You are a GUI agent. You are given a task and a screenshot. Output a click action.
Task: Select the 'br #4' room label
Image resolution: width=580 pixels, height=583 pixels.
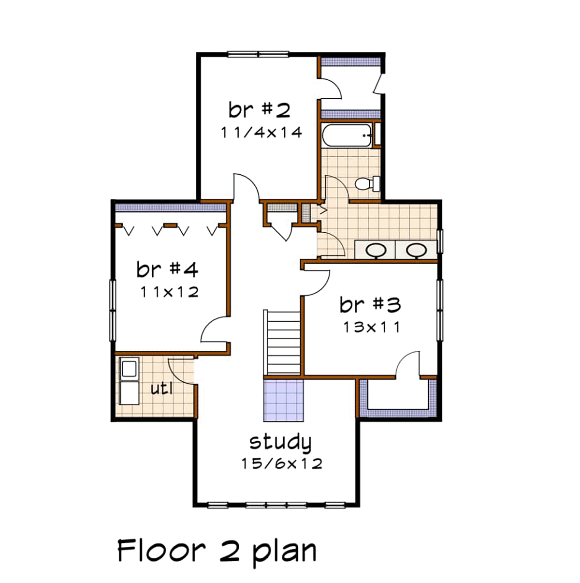167,269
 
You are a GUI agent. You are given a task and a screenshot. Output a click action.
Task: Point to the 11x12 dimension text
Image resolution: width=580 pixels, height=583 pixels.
170,292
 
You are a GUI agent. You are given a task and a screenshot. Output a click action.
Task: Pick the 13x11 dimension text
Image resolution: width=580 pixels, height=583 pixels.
372,327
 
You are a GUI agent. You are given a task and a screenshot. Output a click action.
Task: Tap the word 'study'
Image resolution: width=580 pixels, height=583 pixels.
280,442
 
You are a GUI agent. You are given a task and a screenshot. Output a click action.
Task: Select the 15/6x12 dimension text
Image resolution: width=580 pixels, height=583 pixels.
282,463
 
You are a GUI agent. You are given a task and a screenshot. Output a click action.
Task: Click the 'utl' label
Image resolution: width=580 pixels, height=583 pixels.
162,389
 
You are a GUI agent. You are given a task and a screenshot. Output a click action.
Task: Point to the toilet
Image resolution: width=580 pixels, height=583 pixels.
367,183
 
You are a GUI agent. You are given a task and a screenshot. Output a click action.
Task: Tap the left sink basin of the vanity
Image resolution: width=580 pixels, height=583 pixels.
376,250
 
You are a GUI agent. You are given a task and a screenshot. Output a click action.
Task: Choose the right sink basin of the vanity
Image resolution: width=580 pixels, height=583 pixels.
416,250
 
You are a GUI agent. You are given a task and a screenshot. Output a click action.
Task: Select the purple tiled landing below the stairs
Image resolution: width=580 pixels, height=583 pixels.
284,400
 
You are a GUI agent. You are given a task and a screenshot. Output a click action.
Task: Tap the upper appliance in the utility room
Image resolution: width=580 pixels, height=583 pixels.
129,368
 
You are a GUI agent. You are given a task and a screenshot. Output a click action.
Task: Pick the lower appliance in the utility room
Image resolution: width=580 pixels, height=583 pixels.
129,393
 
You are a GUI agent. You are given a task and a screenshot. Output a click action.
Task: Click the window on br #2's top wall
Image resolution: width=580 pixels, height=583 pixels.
258,54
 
